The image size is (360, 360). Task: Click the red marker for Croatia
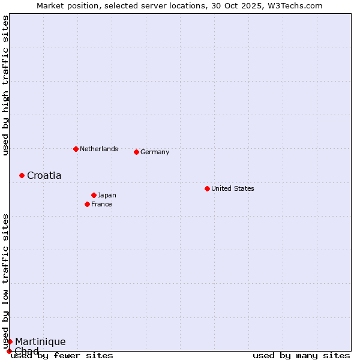pyautogui.click(x=22, y=175)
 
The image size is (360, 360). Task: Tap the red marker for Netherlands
pyautogui.click(x=76, y=149)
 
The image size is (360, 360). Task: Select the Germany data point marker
pyautogui.click(x=136, y=152)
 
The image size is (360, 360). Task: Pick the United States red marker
pyautogui.click(x=207, y=188)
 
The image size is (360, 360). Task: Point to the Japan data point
pyautogui.click(x=94, y=195)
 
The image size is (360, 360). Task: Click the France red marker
pyautogui.click(x=87, y=204)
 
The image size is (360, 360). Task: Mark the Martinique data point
pyautogui.click(x=10, y=341)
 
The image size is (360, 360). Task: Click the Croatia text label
pyautogui.click(x=44, y=175)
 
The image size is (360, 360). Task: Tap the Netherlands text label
pyautogui.click(x=98, y=149)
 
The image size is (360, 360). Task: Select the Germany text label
pyautogui.click(x=155, y=152)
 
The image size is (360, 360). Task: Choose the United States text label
pyautogui.click(x=232, y=188)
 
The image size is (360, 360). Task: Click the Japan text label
pyautogui.click(x=107, y=195)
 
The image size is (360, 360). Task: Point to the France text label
pyautogui.click(x=101, y=204)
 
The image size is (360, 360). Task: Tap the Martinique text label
pyautogui.click(x=40, y=341)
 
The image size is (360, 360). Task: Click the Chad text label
pyautogui.click(x=26, y=350)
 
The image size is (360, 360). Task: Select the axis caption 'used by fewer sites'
pyautogui.click(x=62, y=355)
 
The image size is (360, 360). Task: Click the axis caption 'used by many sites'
pyautogui.click(x=301, y=355)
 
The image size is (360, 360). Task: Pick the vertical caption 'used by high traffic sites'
pyautogui.click(x=5, y=86)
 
